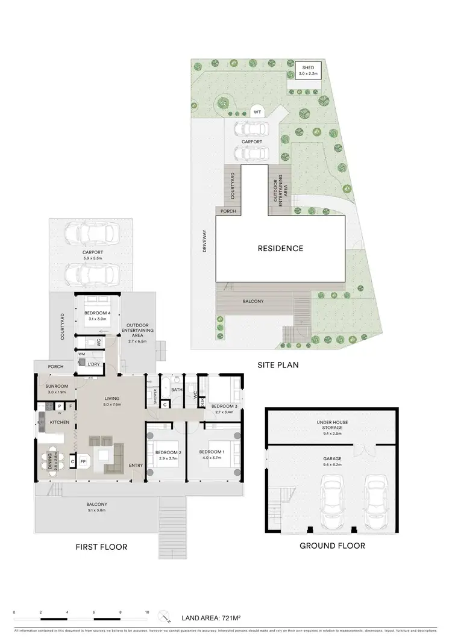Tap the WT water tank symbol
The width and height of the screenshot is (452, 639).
(257, 112)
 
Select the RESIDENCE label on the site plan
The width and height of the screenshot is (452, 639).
(280, 248)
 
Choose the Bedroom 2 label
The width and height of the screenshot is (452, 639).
(168, 452)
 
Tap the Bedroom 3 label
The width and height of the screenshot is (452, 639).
(224, 407)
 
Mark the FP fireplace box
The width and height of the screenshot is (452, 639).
(83, 462)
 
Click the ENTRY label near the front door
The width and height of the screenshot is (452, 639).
(136, 465)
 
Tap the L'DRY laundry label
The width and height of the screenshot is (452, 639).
(93, 365)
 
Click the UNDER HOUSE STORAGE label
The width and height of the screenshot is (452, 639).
(332, 425)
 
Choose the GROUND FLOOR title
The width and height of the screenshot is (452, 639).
(333, 546)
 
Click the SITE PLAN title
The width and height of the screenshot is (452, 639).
(278, 365)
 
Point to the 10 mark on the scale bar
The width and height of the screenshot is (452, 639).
(147, 613)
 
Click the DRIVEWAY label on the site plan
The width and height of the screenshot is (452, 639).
(204, 241)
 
